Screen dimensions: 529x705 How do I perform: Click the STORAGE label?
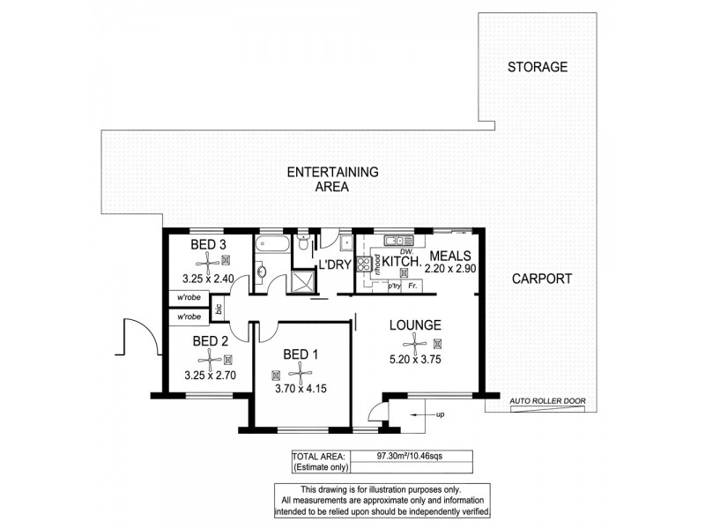(x=538, y=67)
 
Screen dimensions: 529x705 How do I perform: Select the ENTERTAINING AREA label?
(x=332, y=179)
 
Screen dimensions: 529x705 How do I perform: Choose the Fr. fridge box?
(x=413, y=286)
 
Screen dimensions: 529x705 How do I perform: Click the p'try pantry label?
(x=394, y=286)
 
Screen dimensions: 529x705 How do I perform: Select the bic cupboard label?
(x=217, y=309)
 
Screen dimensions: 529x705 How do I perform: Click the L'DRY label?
(x=334, y=264)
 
